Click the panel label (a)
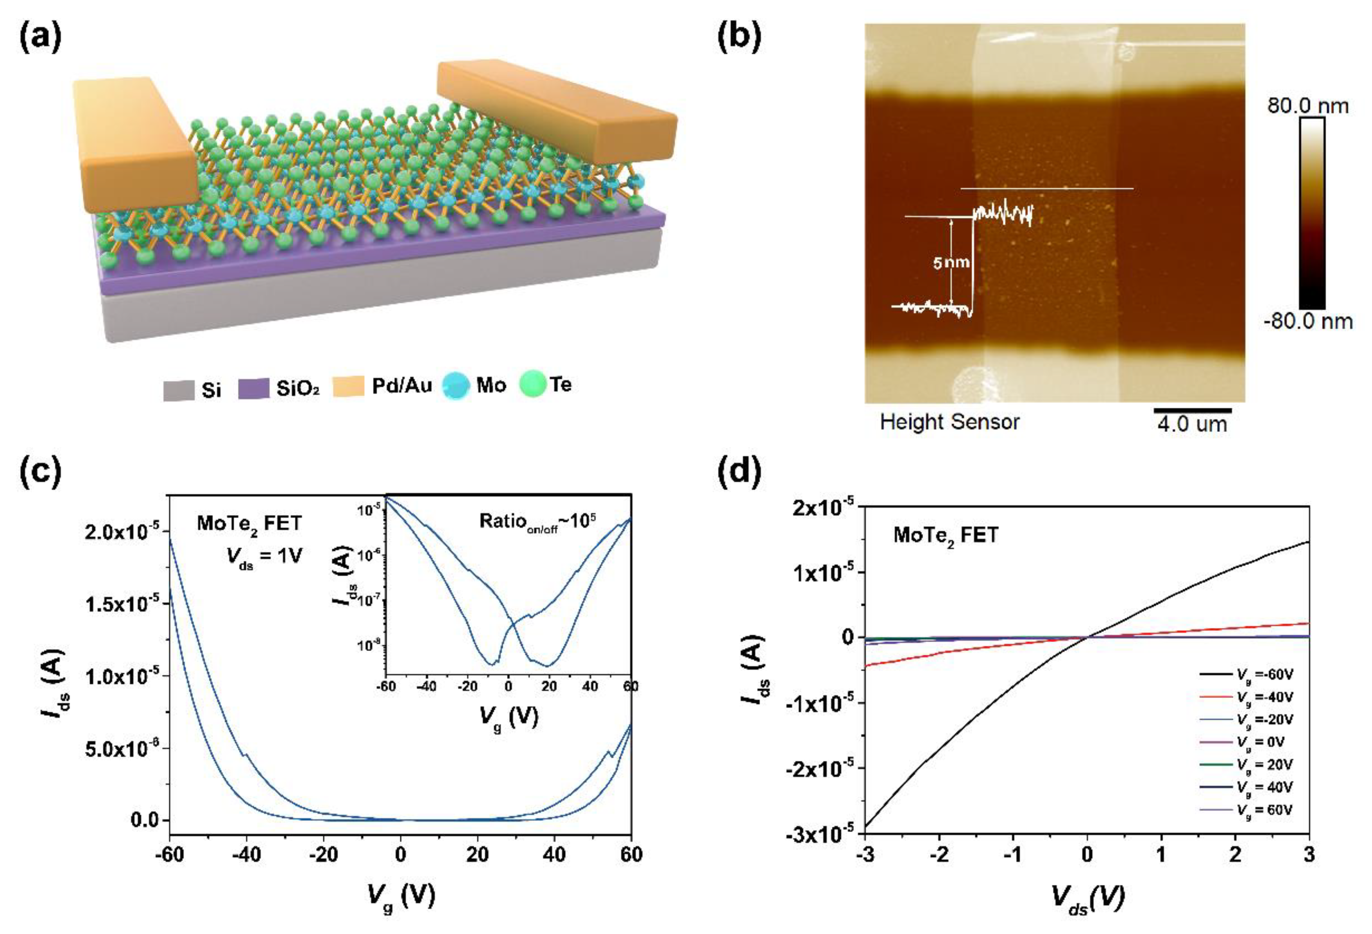(40, 36)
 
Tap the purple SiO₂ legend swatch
(254, 389)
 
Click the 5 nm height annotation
(951, 262)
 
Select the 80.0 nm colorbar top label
(1308, 106)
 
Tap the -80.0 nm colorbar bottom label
(1308, 322)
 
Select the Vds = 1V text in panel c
(265, 556)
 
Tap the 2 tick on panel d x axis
(1236, 855)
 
